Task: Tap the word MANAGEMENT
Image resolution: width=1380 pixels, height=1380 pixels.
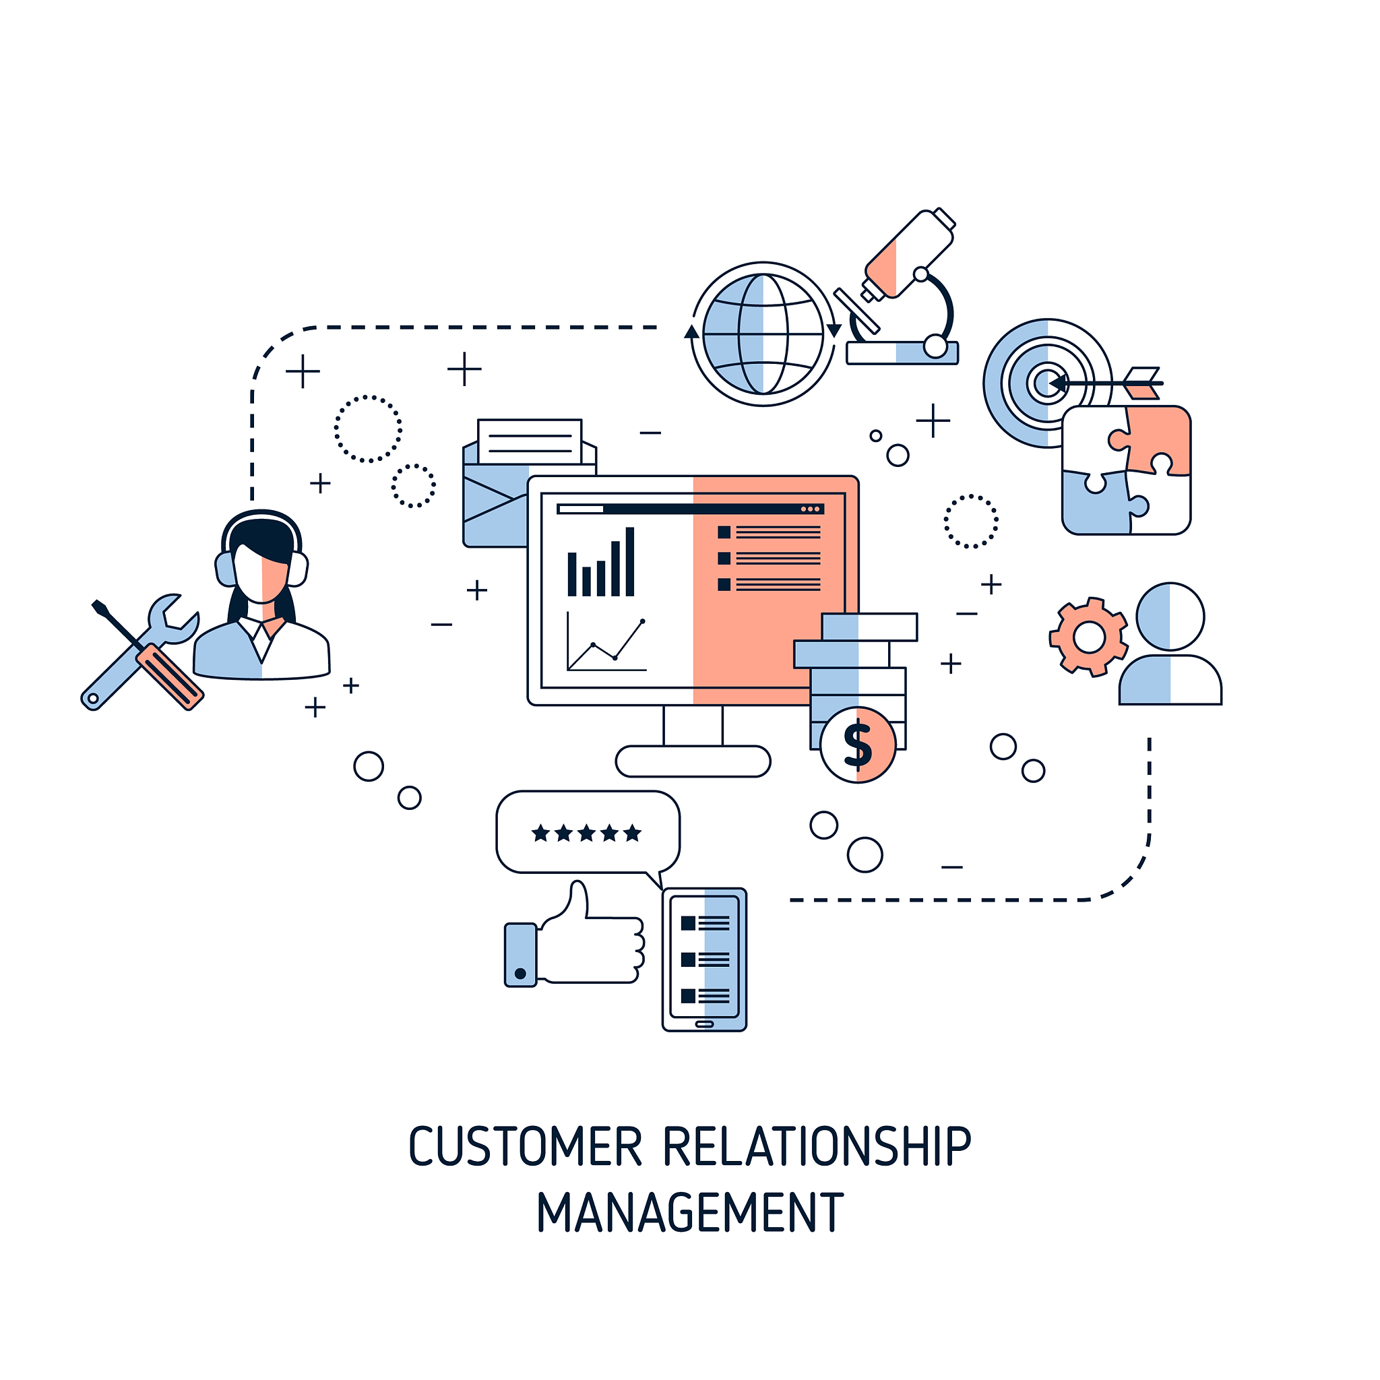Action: point(690,1213)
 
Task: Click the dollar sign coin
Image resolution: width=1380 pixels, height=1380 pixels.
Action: point(857,745)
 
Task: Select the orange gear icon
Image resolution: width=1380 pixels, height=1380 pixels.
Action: point(1089,636)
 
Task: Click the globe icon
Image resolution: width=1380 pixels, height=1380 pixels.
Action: point(763,334)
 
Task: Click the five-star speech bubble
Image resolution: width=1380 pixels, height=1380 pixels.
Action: point(587,832)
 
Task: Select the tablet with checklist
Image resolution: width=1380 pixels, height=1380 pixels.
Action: point(704,960)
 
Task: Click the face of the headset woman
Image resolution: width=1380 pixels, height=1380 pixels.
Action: point(261,571)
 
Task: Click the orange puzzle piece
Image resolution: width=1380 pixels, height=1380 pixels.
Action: point(1161,436)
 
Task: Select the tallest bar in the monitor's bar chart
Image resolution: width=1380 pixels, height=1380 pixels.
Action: point(630,561)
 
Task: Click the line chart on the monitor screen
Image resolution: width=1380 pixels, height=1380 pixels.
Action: point(606,643)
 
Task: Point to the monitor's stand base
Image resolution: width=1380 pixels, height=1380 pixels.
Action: point(693,761)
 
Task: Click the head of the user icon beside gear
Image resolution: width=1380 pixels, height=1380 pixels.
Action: point(1170,617)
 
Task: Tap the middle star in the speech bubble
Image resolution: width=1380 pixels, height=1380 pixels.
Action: point(586,833)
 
